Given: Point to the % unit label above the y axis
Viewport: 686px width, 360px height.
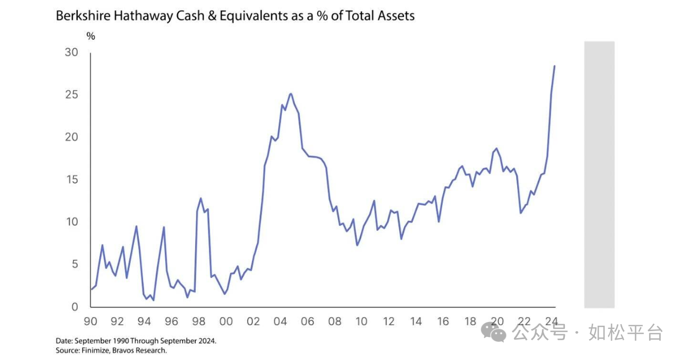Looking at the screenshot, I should point(91,36).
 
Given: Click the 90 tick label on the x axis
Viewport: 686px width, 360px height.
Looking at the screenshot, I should point(91,321).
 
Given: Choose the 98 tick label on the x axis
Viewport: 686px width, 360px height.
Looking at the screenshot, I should point(199,321).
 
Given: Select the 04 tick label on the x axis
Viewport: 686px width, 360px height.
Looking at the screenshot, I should point(280,321).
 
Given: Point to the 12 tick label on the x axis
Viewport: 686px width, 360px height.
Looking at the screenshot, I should point(389,321).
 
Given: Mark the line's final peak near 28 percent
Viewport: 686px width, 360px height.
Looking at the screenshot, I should point(554,66).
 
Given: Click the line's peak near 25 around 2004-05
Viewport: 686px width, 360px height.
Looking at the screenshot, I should point(290,94).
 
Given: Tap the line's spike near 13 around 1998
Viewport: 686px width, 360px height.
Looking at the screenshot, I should point(201,198).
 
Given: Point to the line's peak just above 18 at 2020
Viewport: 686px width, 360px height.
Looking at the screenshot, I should point(497,148).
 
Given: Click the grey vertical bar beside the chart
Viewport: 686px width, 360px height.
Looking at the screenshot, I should point(599,174).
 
